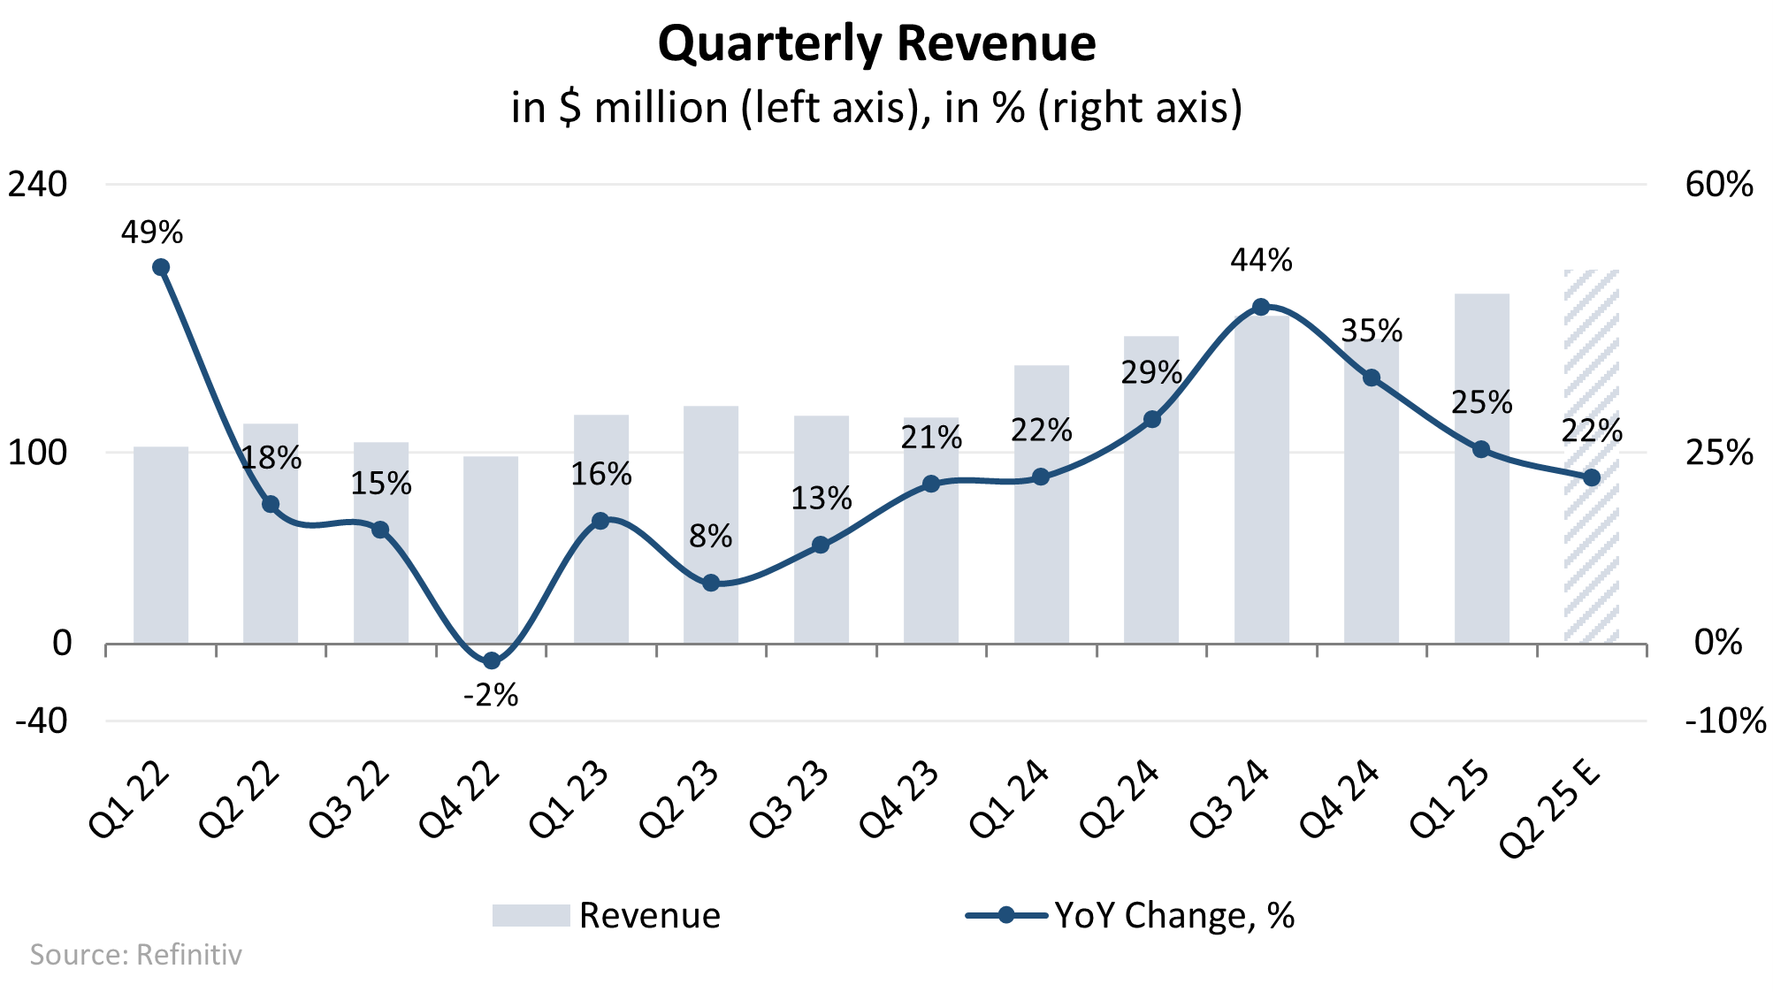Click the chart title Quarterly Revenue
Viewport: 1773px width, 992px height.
(x=876, y=44)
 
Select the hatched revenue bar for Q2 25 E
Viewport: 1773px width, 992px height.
(x=1591, y=548)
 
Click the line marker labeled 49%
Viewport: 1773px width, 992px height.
(x=161, y=267)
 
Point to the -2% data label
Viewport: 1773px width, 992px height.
(x=491, y=696)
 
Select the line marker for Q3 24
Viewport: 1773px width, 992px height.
(x=1261, y=308)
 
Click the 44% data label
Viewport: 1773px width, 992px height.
(x=1261, y=261)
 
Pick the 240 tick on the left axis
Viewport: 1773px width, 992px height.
(x=38, y=185)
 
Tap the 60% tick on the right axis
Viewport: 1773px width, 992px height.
(x=1718, y=185)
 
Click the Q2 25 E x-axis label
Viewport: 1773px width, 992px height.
(x=1550, y=809)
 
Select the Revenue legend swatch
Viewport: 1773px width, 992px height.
(x=531, y=915)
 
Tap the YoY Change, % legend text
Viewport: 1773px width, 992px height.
(x=1174, y=915)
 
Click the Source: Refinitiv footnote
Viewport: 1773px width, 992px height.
(x=135, y=955)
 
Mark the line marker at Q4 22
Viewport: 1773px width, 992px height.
(x=492, y=660)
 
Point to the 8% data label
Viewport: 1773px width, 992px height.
(x=711, y=537)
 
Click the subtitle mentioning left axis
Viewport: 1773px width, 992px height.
(x=876, y=108)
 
